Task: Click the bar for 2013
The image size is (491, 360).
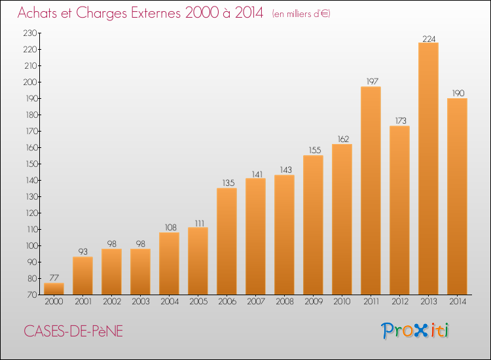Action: [428, 168]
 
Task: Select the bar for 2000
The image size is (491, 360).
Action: [54, 289]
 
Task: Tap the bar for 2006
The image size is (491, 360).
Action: [227, 242]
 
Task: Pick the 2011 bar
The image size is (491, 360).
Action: [371, 190]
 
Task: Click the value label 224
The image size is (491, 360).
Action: [429, 39]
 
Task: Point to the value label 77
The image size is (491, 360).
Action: [54, 278]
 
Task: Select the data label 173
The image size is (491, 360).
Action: [401, 120]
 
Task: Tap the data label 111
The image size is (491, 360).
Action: [200, 223]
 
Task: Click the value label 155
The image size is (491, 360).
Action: [315, 151]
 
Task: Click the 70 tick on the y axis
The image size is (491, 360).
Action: [33, 295]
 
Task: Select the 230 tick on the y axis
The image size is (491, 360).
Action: [30, 33]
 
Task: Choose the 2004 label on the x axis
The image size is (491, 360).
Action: [170, 301]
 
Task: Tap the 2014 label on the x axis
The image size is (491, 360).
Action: [458, 301]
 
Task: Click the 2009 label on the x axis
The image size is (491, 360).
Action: [314, 301]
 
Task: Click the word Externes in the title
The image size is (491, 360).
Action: [156, 12]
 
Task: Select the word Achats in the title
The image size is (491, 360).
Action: [37, 12]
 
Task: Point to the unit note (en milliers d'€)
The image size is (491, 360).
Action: [301, 14]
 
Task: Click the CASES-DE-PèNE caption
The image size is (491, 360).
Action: [73, 331]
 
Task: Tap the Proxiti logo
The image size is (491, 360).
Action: [415, 331]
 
